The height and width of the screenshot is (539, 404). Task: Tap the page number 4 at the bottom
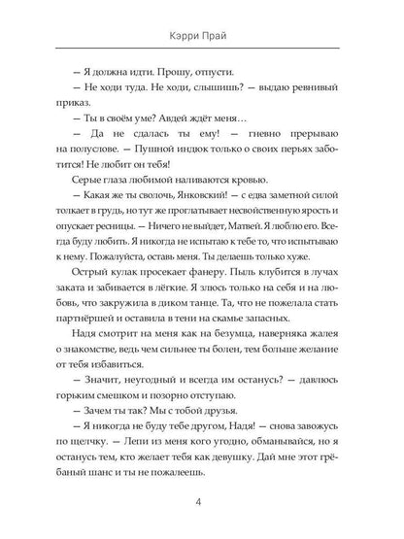(202, 502)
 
